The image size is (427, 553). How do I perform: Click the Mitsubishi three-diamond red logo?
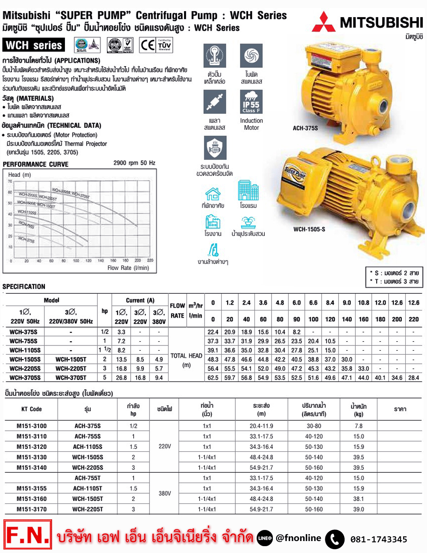pos(323,22)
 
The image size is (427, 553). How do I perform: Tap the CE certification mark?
pos(147,45)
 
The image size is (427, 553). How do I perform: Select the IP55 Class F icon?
pos(251,102)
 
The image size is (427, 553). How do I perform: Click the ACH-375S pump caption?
pos(305,128)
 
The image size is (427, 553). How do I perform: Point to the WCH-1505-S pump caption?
pos(309,229)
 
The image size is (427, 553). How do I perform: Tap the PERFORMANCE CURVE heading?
pos(35,164)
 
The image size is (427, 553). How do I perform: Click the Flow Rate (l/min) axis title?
pos(128,268)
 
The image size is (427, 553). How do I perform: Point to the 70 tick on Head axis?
pos(10,181)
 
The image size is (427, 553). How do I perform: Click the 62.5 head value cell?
pos(213,377)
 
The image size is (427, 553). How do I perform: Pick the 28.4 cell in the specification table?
pos(413,377)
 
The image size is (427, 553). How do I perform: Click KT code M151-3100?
pos(32,426)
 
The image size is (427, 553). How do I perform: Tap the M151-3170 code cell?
pos(32,509)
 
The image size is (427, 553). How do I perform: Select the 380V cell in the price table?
pos(164,493)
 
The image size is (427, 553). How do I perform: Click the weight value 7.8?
pos(358,426)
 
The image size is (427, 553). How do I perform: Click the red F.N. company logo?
pos(28,535)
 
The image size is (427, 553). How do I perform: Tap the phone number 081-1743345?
pos(378,539)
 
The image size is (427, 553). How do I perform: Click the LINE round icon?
pos(265,538)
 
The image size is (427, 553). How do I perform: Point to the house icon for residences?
pos(213,194)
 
